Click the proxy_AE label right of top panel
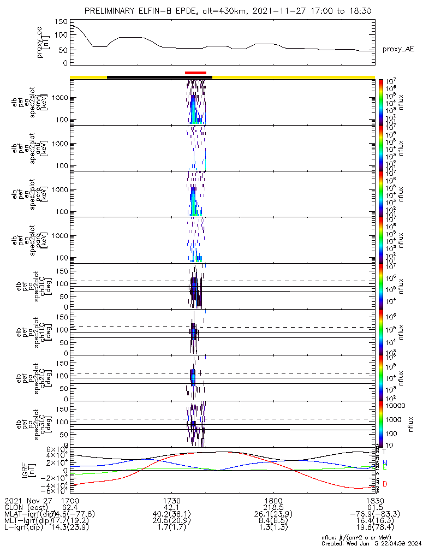(x=398, y=49)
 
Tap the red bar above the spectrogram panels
(x=195, y=73)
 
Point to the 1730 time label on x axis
(x=172, y=500)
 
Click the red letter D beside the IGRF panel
(x=385, y=484)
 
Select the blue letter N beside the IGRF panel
(x=385, y=463)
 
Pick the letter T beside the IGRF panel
(x=384, y=452)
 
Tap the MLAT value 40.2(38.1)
(x=172, y=514)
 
